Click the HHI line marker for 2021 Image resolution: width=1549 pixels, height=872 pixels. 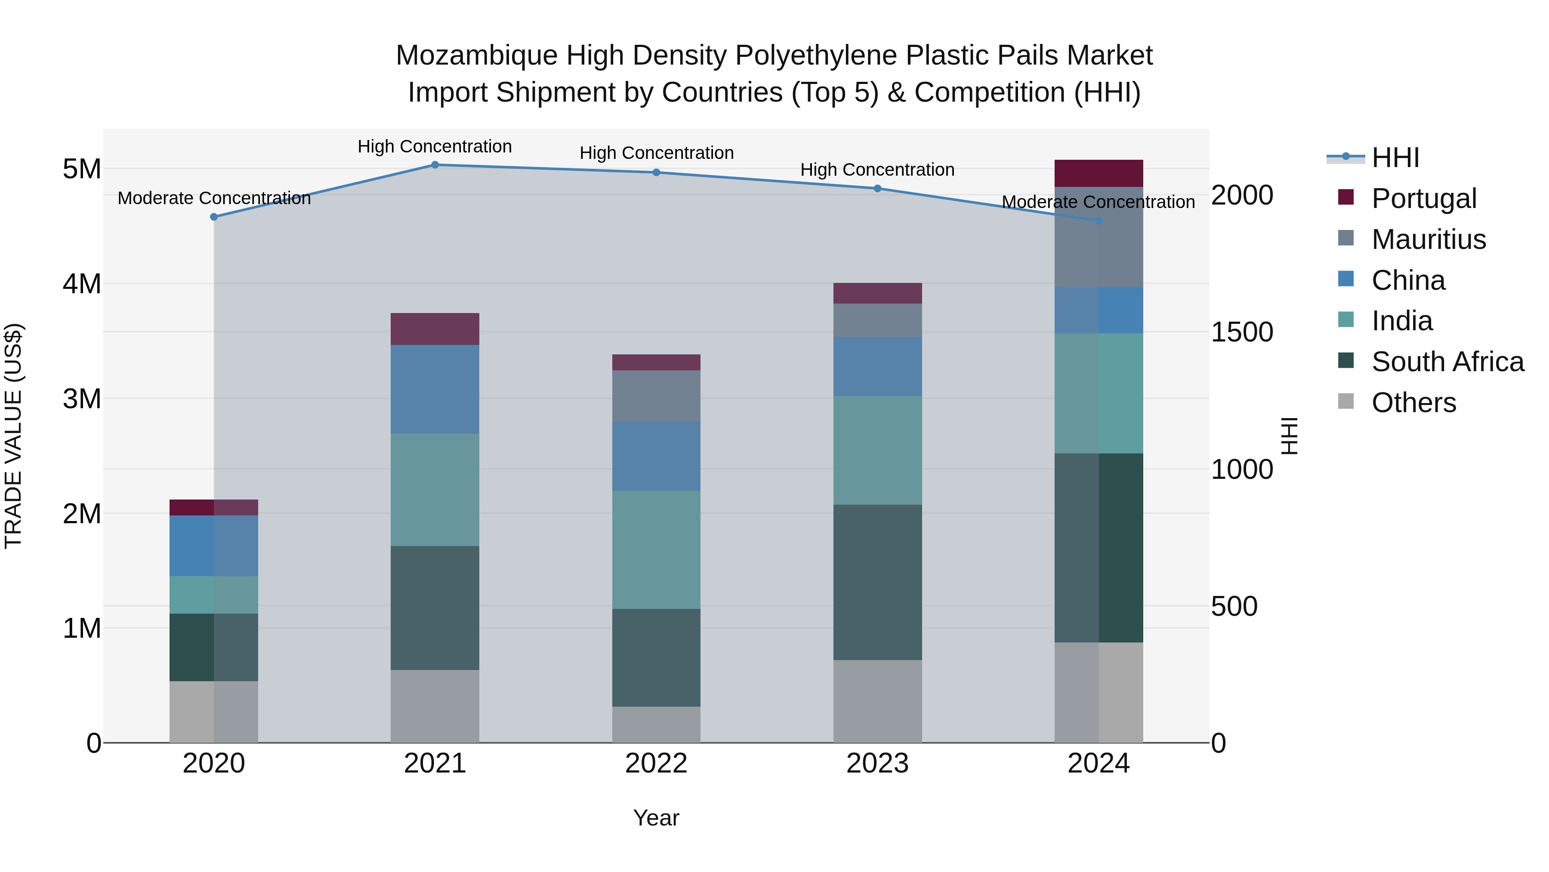coord(435,164)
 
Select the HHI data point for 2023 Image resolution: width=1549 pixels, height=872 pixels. coord(877,188)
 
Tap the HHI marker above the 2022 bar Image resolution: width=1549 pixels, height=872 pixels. coord(656,172)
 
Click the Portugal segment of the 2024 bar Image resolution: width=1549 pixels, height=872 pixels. coord(1098,173)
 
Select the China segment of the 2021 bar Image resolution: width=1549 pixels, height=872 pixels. coord(435,389)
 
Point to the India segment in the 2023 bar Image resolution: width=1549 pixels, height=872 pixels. coord(877,450)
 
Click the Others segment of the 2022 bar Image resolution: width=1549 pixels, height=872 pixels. coord(656,725)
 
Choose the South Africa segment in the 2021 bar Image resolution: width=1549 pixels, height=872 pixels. coord(435,608)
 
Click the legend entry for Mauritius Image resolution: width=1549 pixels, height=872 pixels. coord(1428,239)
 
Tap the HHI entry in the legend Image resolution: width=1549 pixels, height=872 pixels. coord(1395,158)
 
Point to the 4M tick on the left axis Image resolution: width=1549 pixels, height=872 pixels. coord(82,283)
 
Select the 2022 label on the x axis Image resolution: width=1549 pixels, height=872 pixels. coord(656,763)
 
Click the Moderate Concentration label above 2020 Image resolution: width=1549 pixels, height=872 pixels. coord(214,198)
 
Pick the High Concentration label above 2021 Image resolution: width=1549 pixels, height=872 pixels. coord(435,146)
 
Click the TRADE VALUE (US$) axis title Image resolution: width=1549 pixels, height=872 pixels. coord(13,436)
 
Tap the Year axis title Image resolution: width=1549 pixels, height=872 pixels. coord(656,818)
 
